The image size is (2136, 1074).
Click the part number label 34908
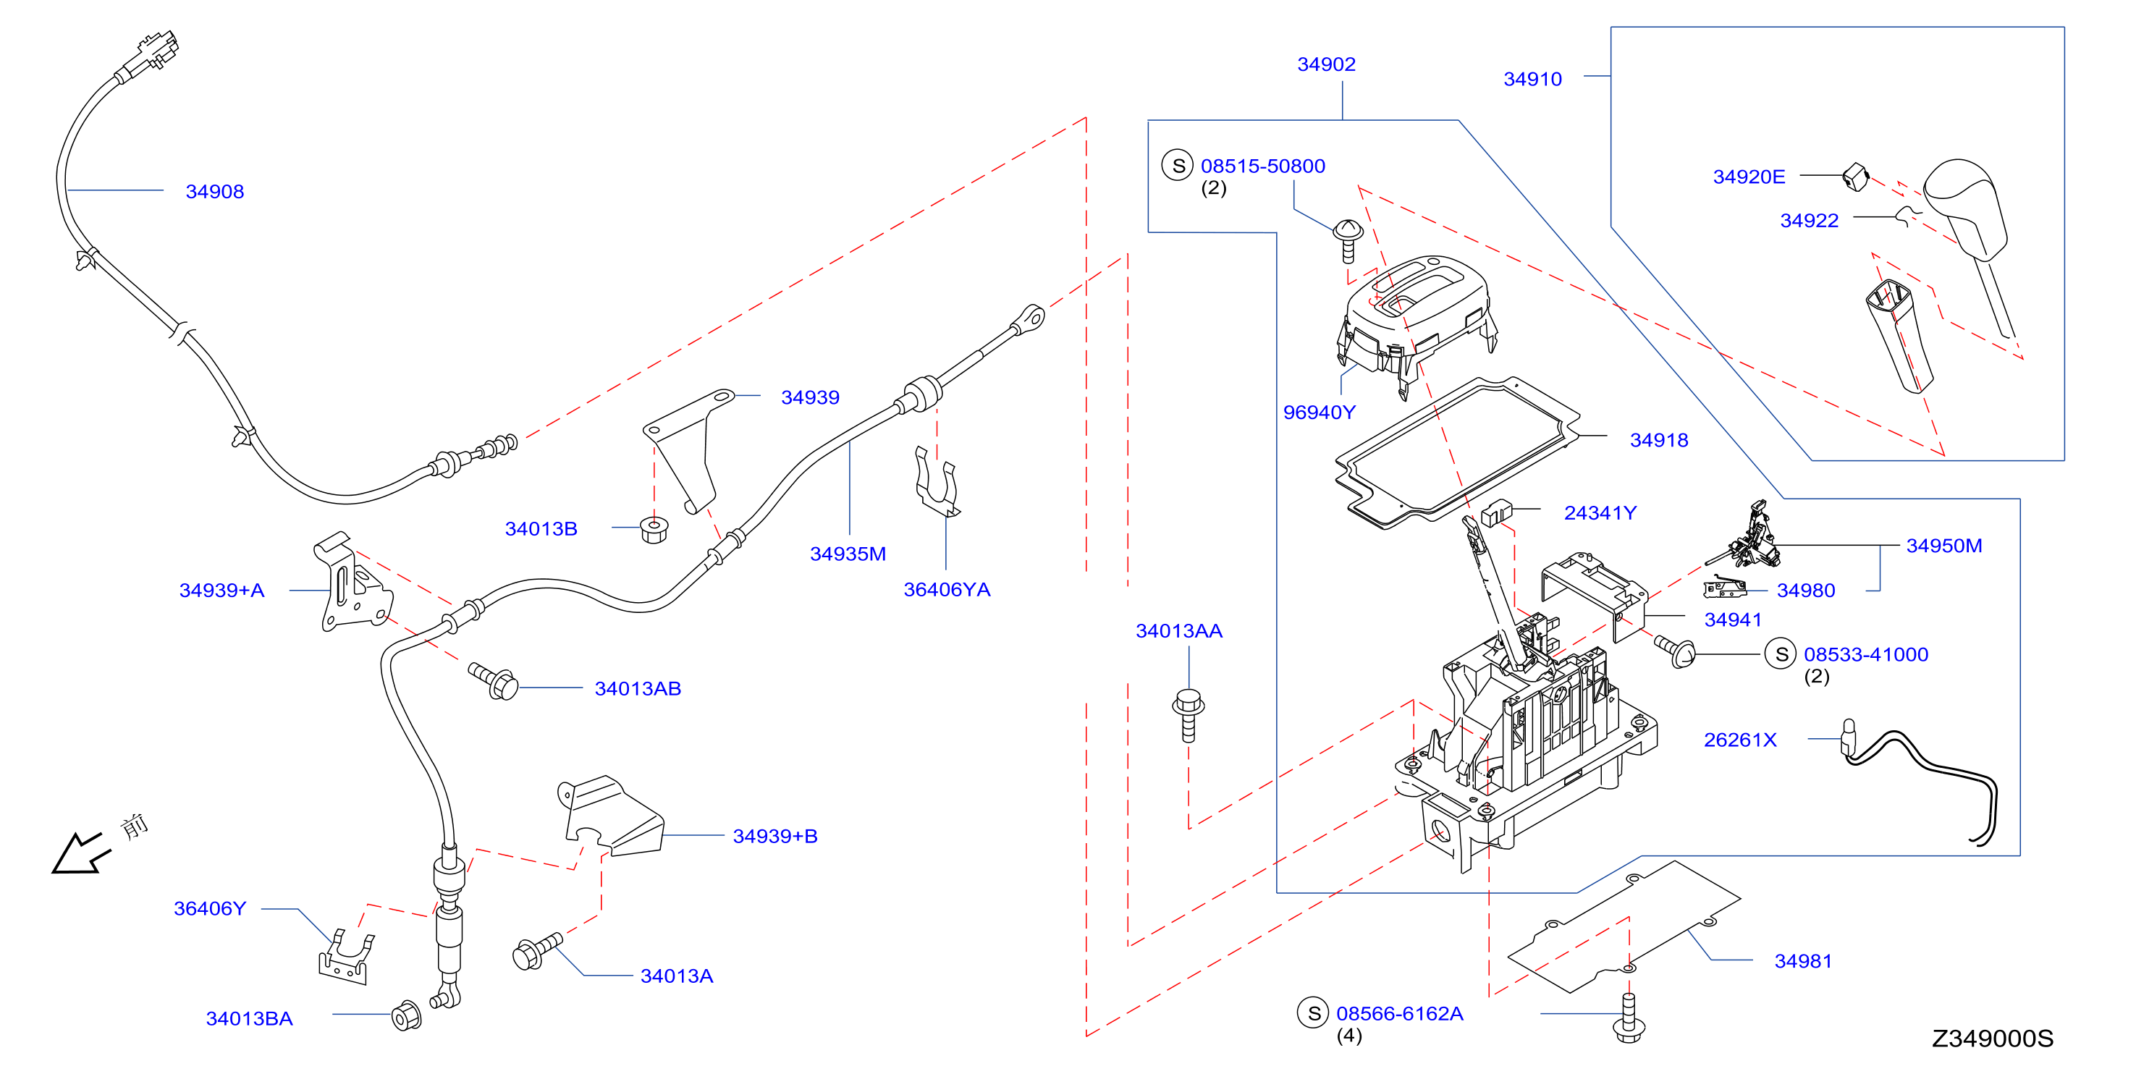pyautogui.click(x=215, y=192)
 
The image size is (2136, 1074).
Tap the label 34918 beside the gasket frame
pyautogui.click(x=1658, y=440)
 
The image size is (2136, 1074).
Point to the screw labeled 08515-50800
pyautogui.click(x=1348, y=241)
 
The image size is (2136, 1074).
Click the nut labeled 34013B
pyautogui.click(x=654, y=530)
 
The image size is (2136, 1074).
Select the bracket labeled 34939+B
pyautogui.click(x=611, y=816)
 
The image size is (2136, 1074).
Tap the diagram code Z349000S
pyautogui.click(x=1993, y=1039)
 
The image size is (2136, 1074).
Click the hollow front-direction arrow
pyautogui.click(x=80, y=854)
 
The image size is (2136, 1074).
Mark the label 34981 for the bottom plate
pyautogui.click(x=1802, y=961)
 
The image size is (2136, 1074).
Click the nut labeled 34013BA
pyautogui.click(x=405, y=1016)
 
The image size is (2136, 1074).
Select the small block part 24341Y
pyautogui.click(x=1496, y=512)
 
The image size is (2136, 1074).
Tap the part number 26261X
pyautogui.click(x=1739, y=740)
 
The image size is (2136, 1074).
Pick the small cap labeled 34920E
pyautogui.click(x=1856, y=177)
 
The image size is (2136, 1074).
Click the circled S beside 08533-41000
pyautogui.click(x=1781, y=654)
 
